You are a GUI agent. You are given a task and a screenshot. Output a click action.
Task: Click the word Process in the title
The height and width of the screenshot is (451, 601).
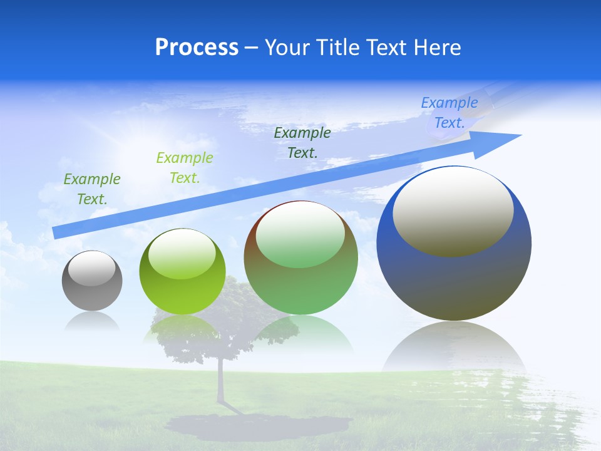coord(197,48)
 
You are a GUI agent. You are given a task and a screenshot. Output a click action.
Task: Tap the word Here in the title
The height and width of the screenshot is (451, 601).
coord(438,48)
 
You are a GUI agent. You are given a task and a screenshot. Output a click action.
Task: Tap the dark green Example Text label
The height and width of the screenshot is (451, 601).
coord(302,142)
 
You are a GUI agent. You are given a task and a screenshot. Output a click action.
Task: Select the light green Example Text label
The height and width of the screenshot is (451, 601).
coord(184,168)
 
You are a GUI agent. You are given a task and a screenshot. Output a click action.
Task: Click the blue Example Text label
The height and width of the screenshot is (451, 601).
coord(449,113)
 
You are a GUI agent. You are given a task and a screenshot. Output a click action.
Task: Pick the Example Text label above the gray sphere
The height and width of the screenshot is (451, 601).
coord(92,189)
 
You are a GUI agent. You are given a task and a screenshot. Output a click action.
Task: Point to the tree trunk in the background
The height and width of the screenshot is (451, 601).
coord(220,382)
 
